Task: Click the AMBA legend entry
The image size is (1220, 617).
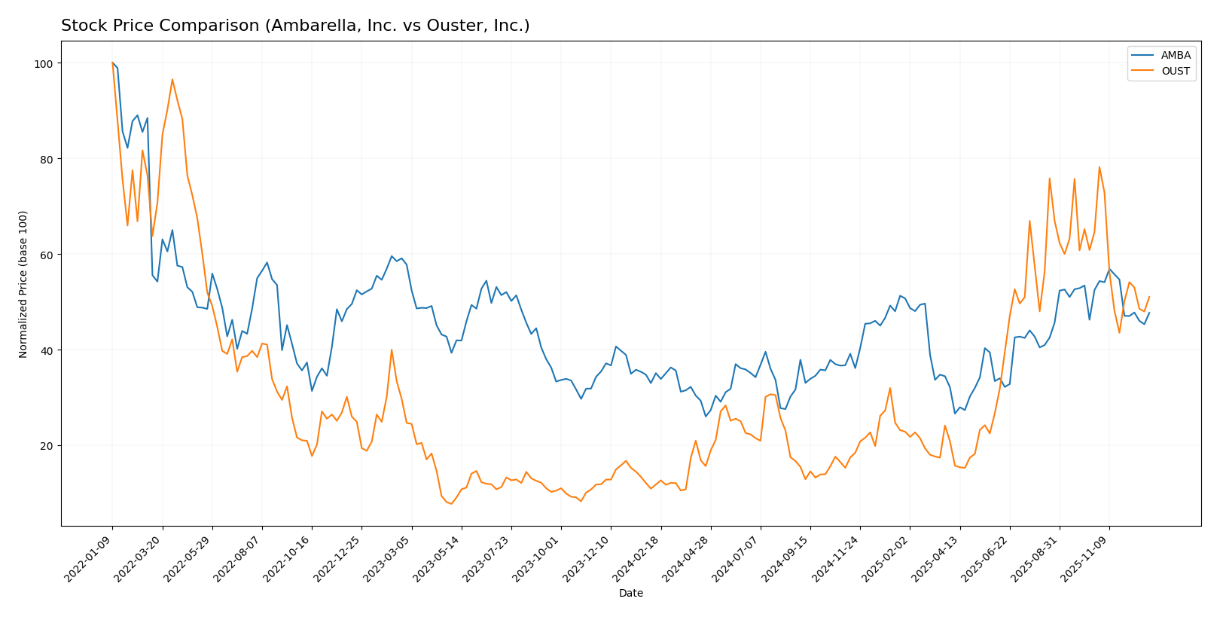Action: point(1175,55)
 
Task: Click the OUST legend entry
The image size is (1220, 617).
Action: point(1175,72)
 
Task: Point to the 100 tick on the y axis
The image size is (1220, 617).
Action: point(47,63)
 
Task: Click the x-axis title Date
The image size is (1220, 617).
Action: point(630,594)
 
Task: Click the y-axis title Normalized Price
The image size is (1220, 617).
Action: point(23,284)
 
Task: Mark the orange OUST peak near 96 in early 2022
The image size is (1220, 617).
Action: point(172,79)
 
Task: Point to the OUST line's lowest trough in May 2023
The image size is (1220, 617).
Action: point(451,503)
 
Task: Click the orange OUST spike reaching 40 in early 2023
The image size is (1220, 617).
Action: point(392,350)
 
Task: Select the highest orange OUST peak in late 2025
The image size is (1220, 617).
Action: point(1099,167)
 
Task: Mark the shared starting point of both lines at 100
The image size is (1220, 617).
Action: point(112,63)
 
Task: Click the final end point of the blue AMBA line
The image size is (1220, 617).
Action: point(1149,313)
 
